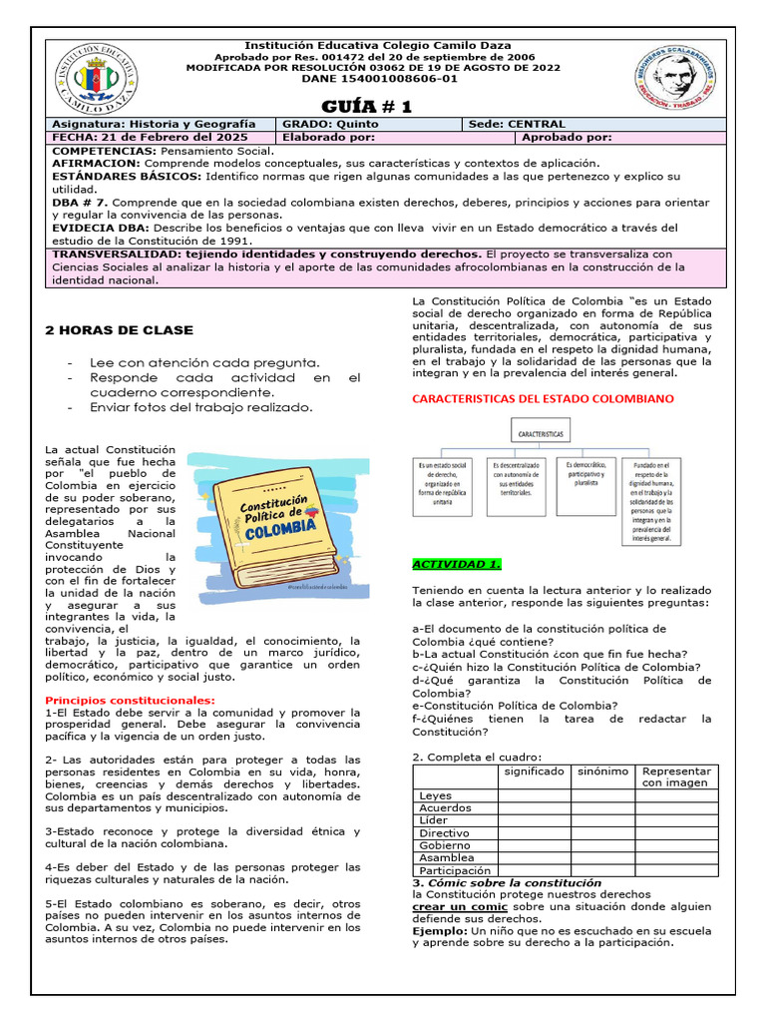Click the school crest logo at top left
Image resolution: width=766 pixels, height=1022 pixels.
coord(96,80)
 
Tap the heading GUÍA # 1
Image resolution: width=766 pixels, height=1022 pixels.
coord(366,107)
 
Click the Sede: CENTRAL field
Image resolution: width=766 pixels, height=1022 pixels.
coord(516,124)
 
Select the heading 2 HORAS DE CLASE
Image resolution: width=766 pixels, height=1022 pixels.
coord(120,330)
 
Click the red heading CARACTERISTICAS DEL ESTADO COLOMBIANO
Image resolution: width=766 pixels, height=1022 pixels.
coord(543,398)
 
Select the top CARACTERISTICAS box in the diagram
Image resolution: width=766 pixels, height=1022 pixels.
coord(541,435)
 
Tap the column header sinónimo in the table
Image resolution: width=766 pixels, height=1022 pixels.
coord(601,771)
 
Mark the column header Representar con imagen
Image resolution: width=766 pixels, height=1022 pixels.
coord(676,776)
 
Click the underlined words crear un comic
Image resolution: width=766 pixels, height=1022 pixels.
coord(456,906)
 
